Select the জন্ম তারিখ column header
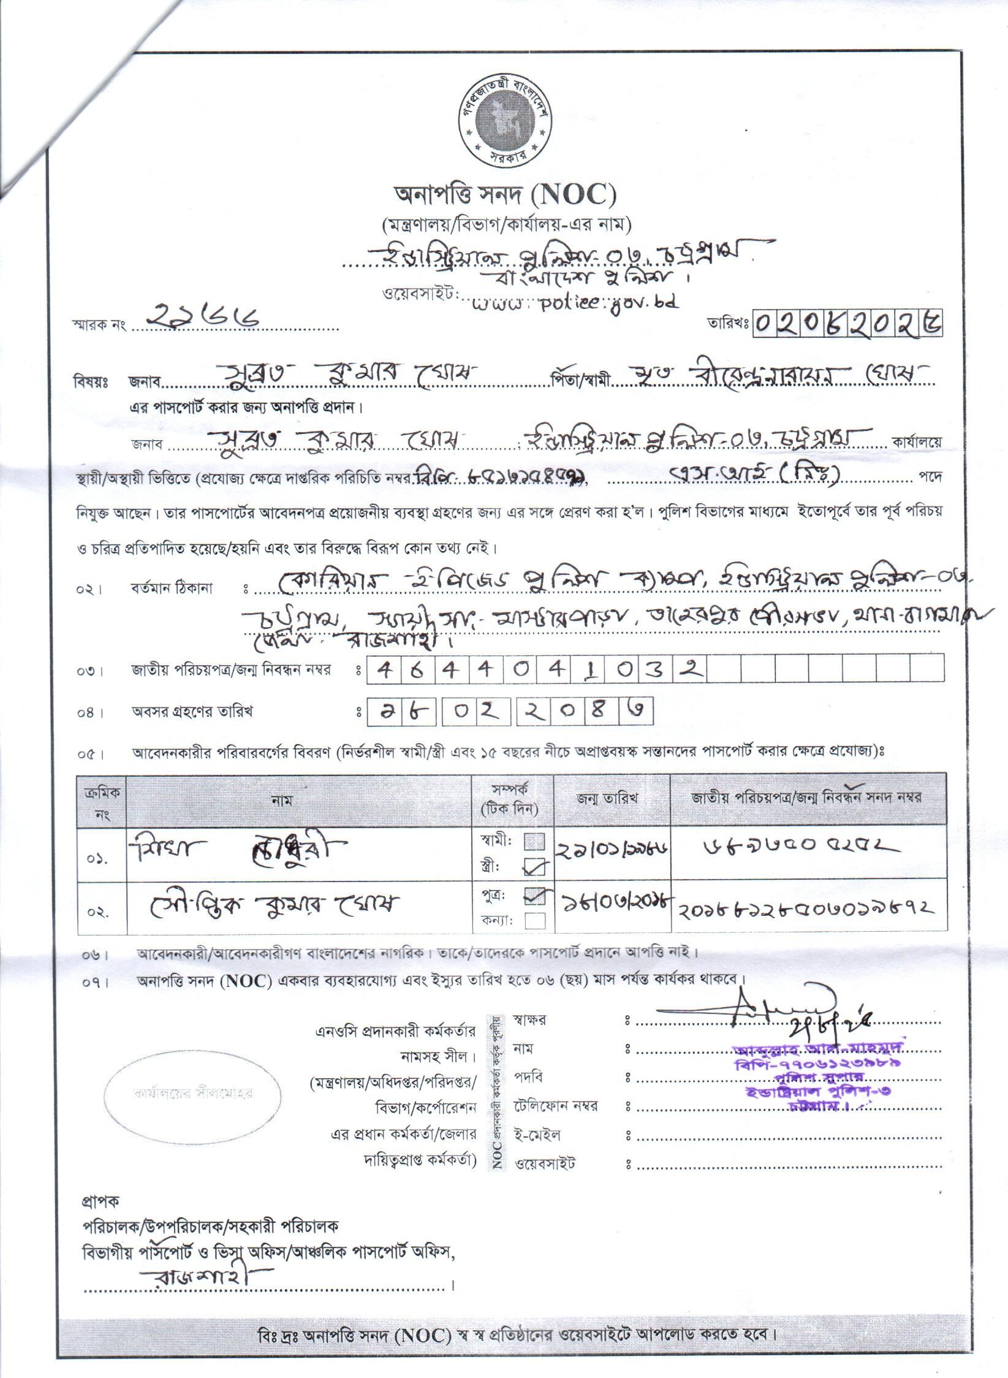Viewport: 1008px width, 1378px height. click(x=611, y=798)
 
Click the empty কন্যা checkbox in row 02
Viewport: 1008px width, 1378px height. click(x=536, y=921)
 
